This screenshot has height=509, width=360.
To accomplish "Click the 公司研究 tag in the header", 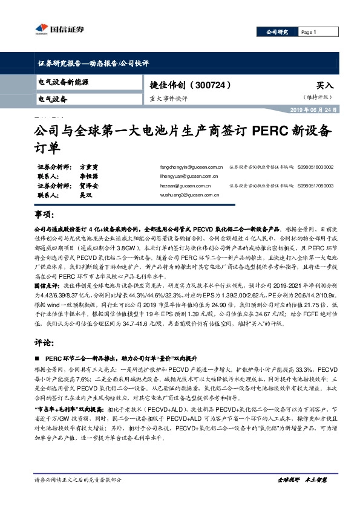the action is pos(278,32).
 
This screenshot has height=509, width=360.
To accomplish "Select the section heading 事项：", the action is pos(45,215).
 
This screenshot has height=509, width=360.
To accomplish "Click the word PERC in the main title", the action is pos(260,131).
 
